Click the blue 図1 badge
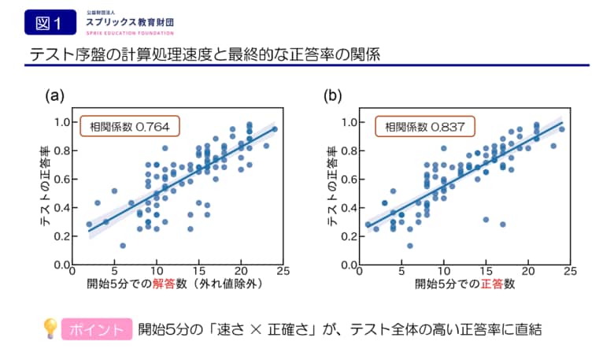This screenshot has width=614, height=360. click(x=49, y=22)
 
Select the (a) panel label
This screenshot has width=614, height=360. click(x=54, y=96)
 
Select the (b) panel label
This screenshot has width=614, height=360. click(x=334, y=96)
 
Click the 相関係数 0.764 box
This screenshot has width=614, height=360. click(x=130, y=126)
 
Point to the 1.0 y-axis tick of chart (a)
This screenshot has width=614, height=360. click(x=61, y=122)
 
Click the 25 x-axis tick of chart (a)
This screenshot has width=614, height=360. click(x=281, y=272)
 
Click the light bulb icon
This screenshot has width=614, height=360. click(x=50, y=328)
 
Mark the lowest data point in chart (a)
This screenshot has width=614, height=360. click(x=123, y=245)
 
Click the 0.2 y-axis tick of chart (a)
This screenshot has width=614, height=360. click(x=61, y=236)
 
